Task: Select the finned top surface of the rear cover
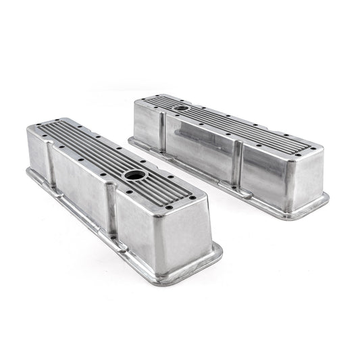(x=216, y=118)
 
